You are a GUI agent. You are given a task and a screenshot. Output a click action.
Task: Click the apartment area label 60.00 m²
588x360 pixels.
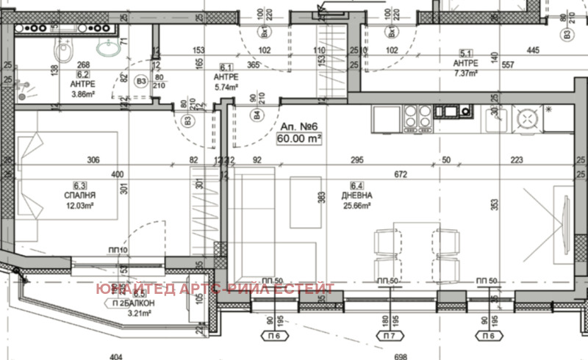point(299,138)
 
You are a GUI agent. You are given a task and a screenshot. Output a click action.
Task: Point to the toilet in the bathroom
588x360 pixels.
point(62,50)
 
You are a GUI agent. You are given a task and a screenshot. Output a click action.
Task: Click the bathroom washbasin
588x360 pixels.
point(110,49)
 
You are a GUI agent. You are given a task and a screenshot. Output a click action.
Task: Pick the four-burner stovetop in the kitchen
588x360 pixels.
point(415,115)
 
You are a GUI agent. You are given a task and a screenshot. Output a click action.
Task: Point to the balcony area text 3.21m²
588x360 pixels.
point(118,314)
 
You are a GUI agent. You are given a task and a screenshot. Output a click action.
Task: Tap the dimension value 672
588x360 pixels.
point(401,175)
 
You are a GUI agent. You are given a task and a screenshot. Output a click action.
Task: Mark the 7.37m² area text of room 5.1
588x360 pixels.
point(466,73)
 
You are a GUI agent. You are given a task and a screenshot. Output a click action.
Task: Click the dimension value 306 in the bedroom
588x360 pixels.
point(93,161)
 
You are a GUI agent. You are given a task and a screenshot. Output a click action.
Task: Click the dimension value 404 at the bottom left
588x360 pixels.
point(115,356)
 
